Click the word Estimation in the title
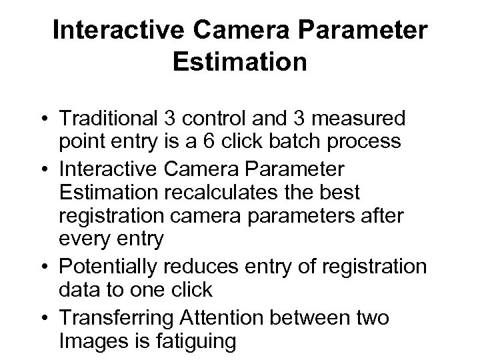pos(239,63)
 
